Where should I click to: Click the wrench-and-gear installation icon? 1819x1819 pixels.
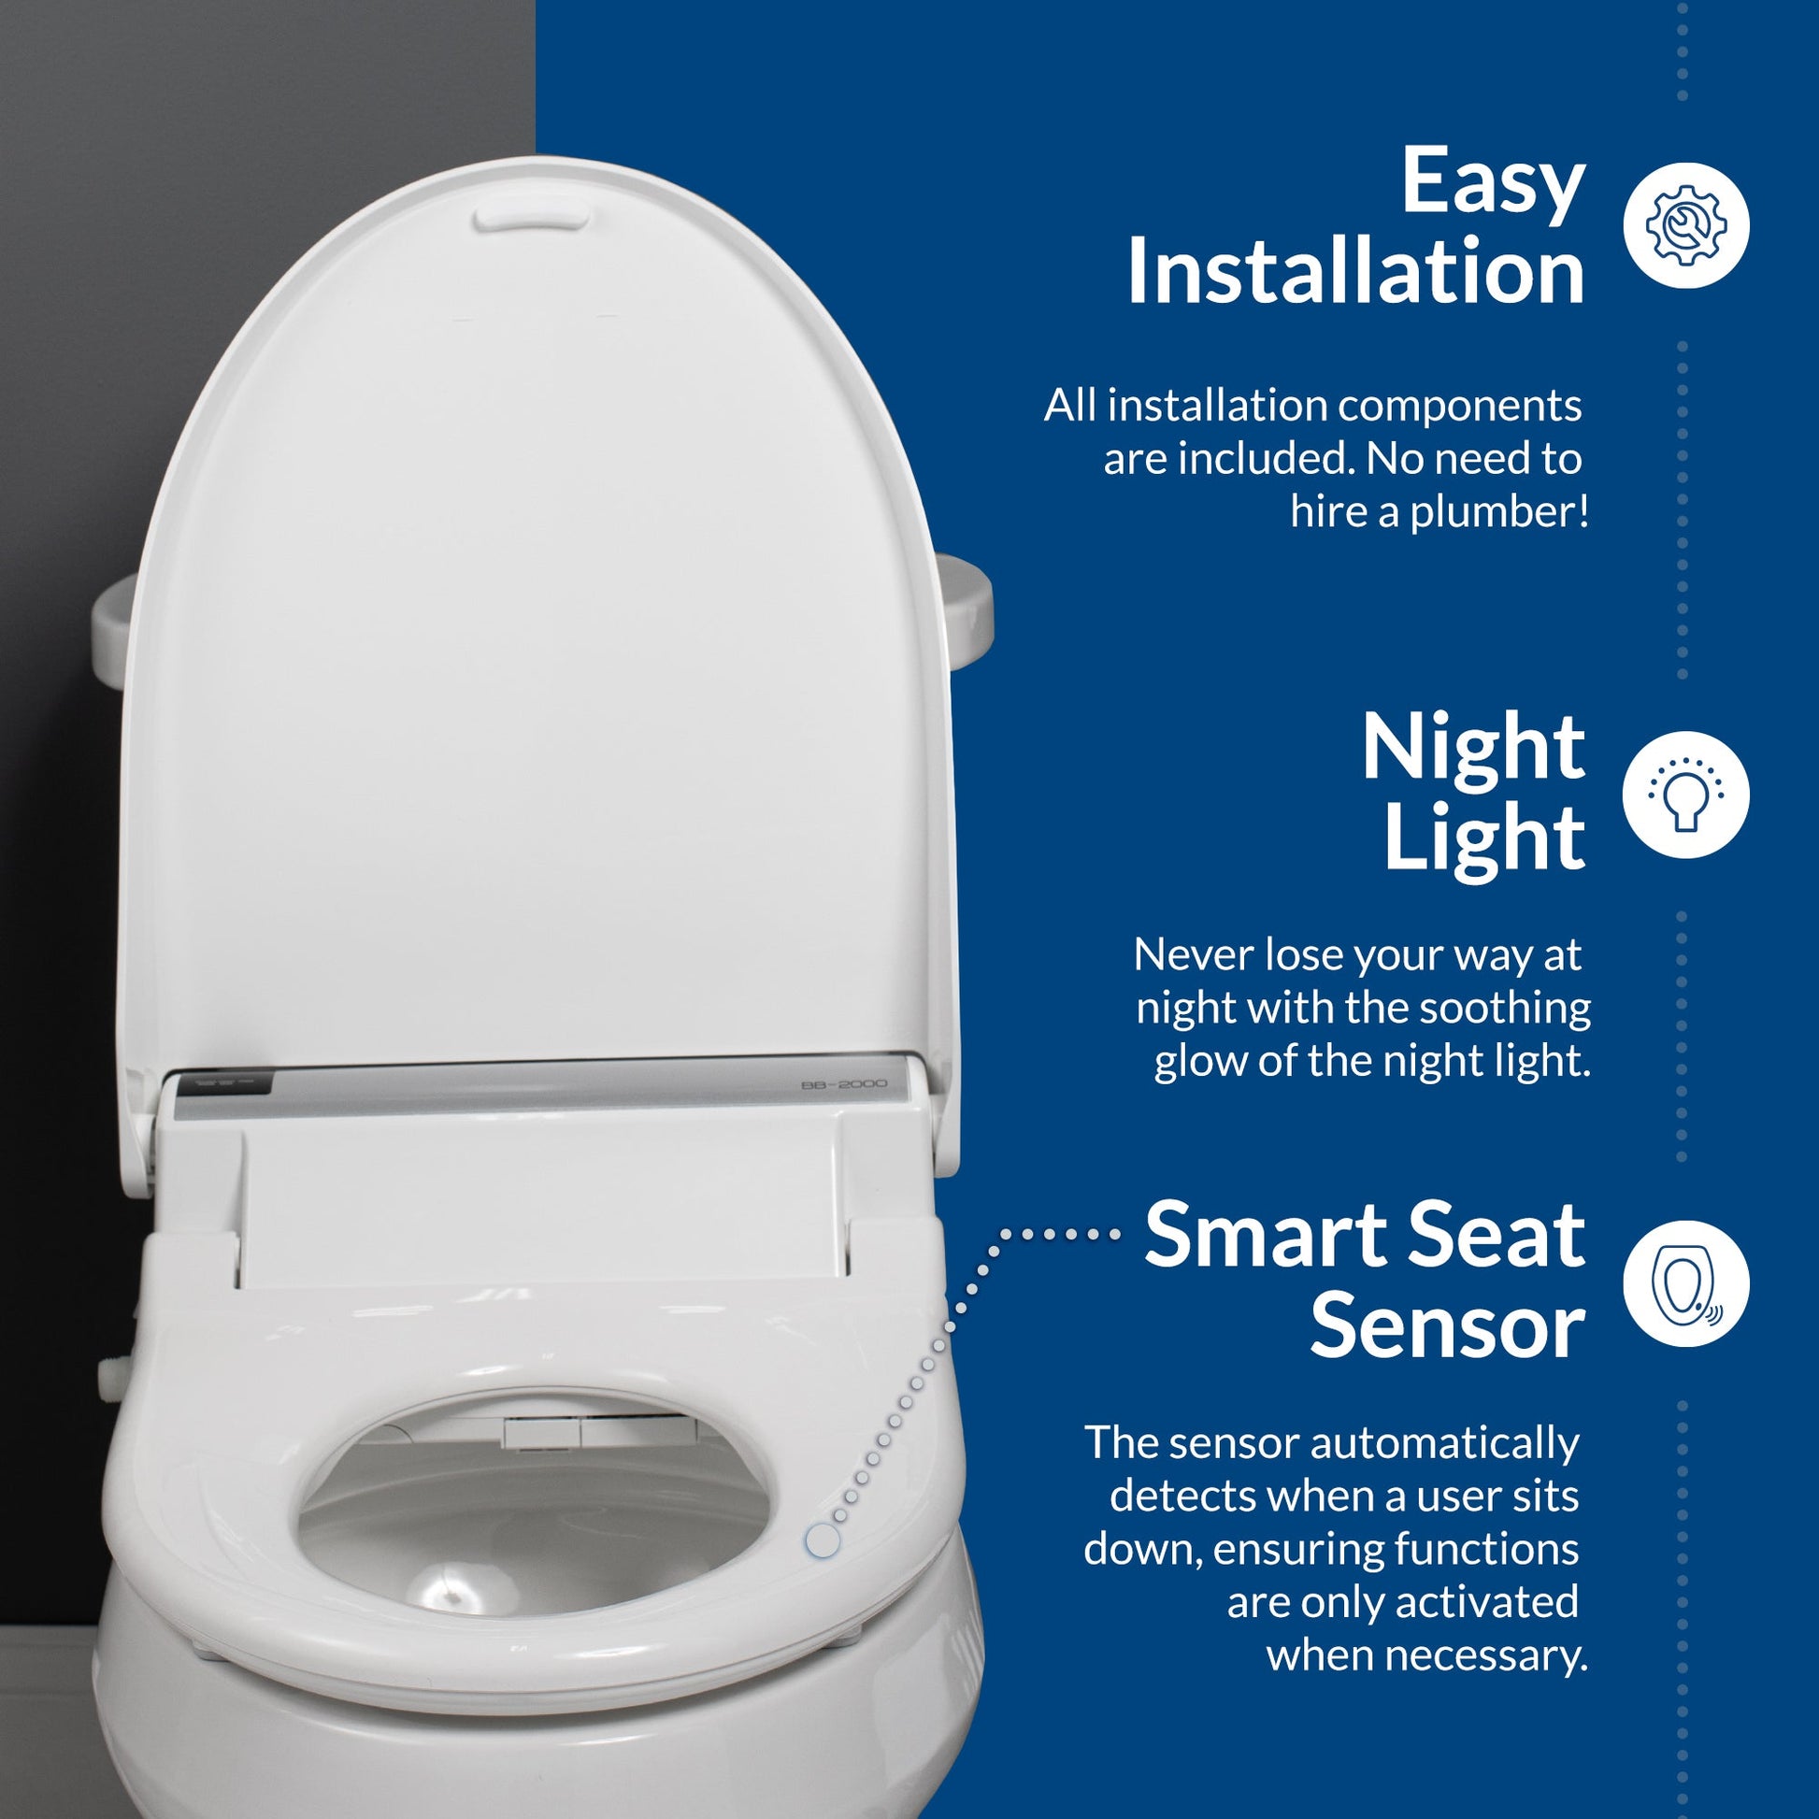(x=1686, y=225)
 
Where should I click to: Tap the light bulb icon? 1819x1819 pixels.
(x=1686, y=794)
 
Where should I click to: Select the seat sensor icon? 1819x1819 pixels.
(x=1686, y=1283)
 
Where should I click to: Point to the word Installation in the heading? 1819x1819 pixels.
(x=1355, y=271)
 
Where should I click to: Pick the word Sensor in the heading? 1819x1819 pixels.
(x=1447, y=1327)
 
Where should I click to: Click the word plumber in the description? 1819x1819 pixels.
(x=1493, y=514)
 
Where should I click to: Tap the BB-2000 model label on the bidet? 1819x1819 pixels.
(x=842, y=1084)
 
